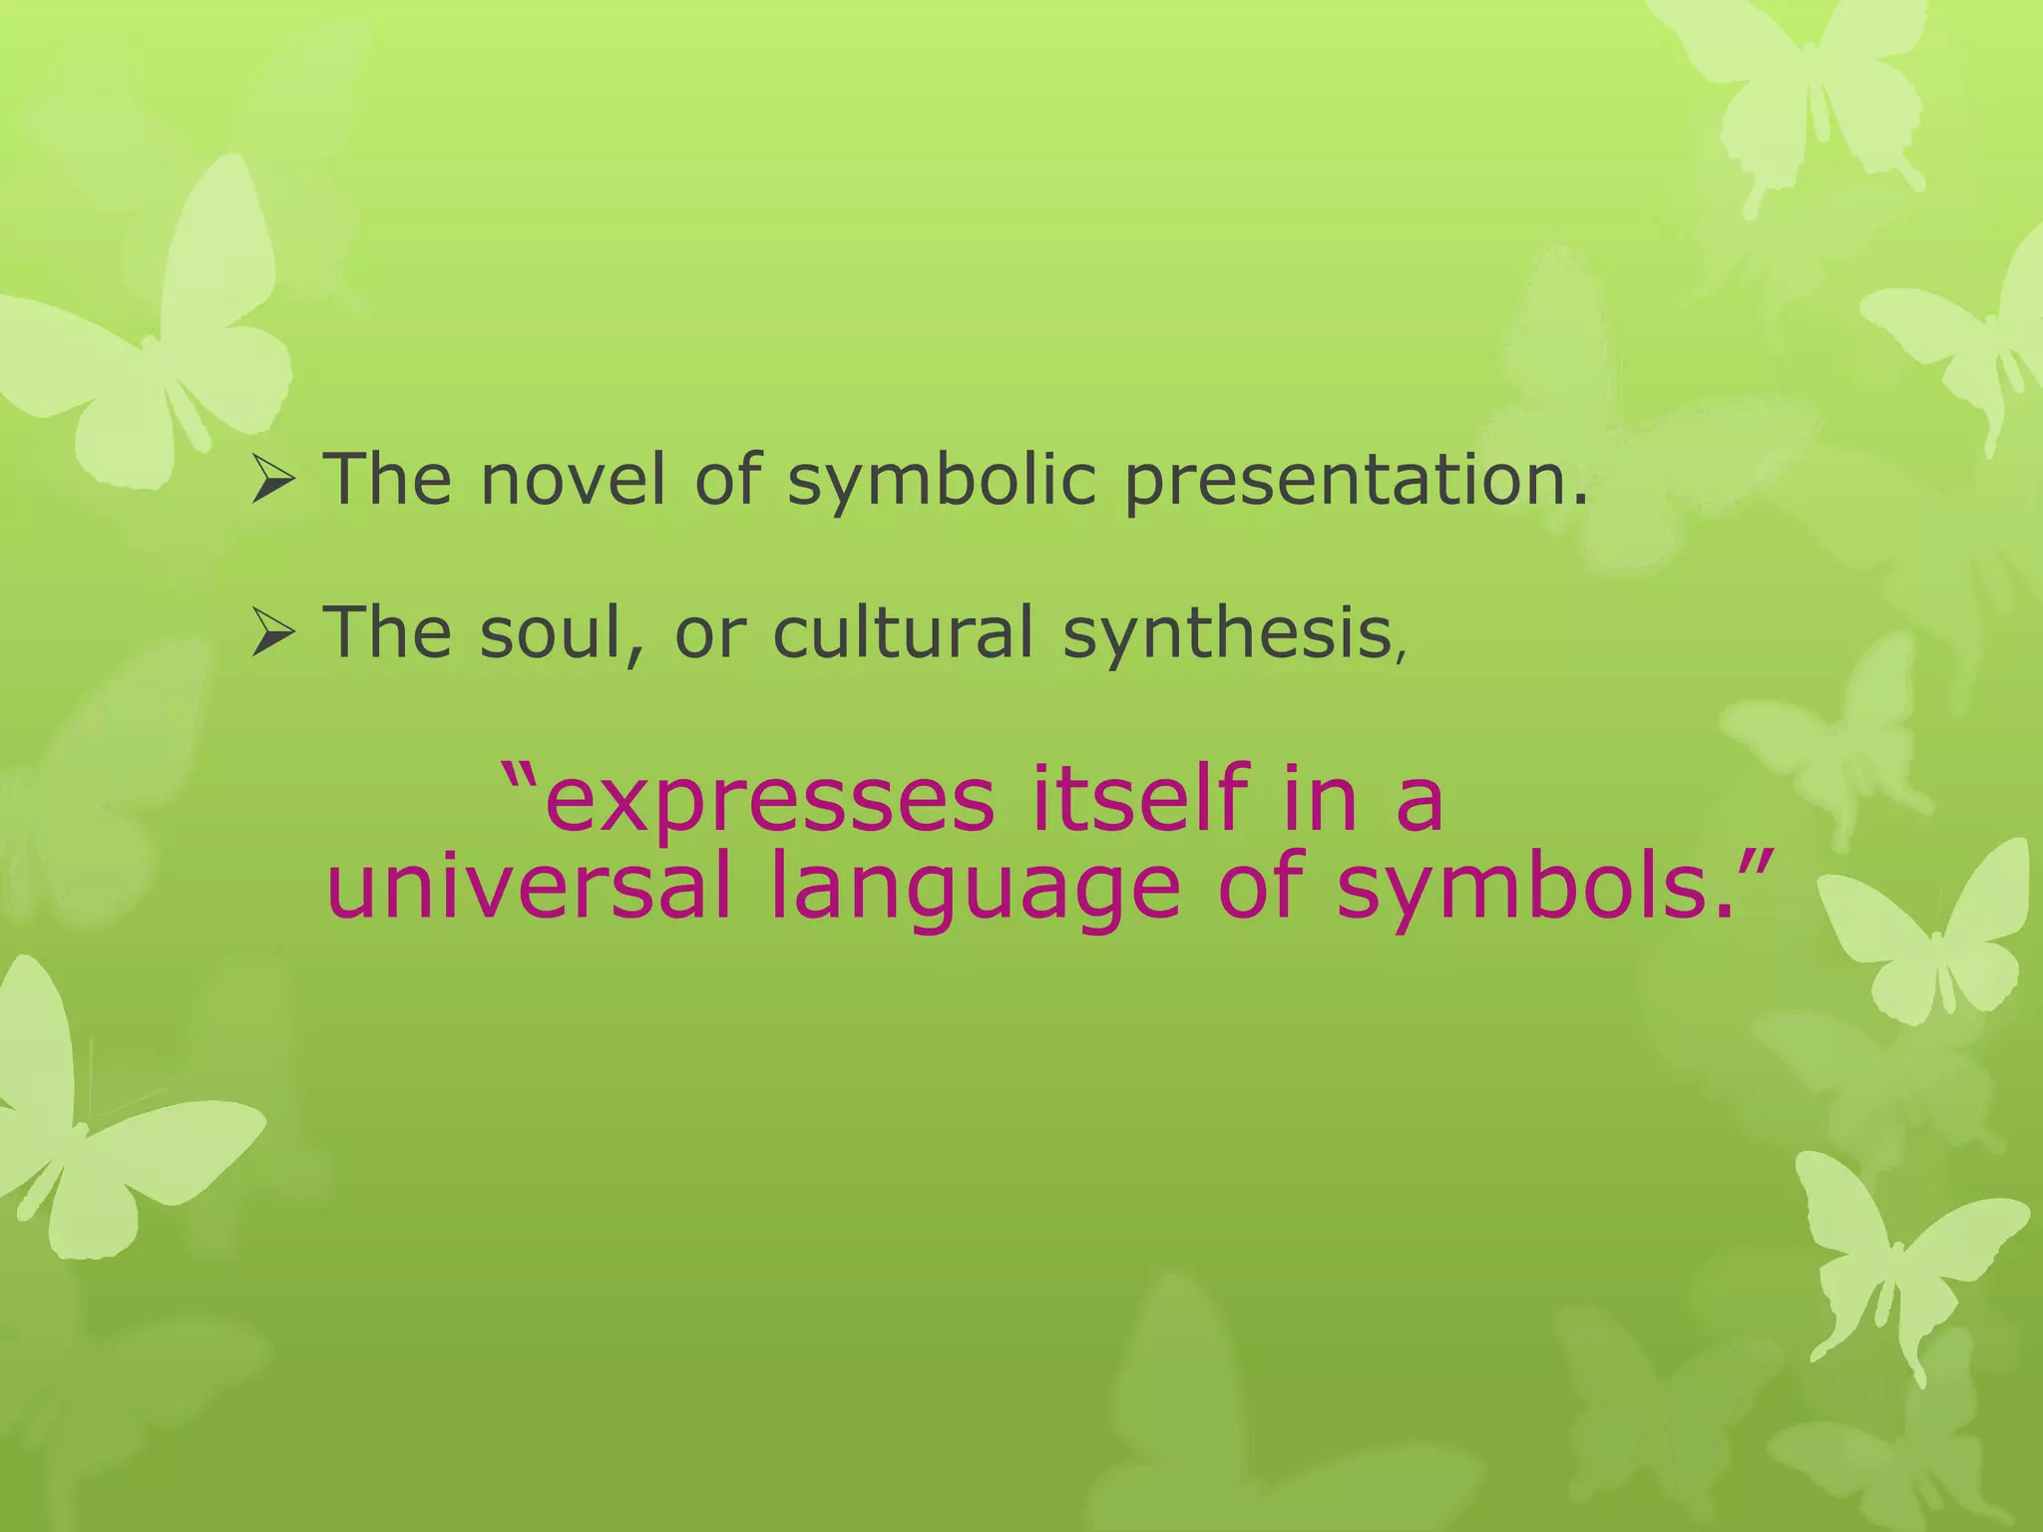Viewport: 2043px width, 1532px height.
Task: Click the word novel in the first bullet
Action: point(572,480)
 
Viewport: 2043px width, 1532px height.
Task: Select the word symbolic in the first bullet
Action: point(942,482)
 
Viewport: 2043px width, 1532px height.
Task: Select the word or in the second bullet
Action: point(710,634)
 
